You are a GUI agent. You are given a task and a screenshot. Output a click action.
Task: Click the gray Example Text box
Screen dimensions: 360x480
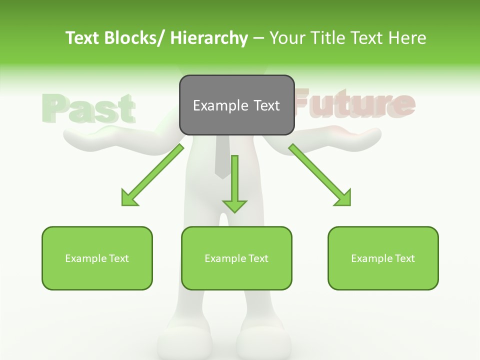coord(236,105)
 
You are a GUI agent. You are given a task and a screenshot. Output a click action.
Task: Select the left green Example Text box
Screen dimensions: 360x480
coord(97,258)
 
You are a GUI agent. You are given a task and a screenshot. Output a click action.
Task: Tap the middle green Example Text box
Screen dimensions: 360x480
coord(236,258)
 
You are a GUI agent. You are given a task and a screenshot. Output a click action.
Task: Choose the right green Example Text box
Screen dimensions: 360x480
coord(383,258)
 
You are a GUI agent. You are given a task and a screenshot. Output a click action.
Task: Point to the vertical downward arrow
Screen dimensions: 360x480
coord(234,183)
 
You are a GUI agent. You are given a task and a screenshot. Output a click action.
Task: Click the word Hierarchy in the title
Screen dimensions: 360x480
coord(209,38)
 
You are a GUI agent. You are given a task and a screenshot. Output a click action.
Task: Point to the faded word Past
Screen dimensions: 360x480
coord(89,107)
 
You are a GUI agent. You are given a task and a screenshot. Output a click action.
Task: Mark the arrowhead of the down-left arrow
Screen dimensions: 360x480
coord(129,198)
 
